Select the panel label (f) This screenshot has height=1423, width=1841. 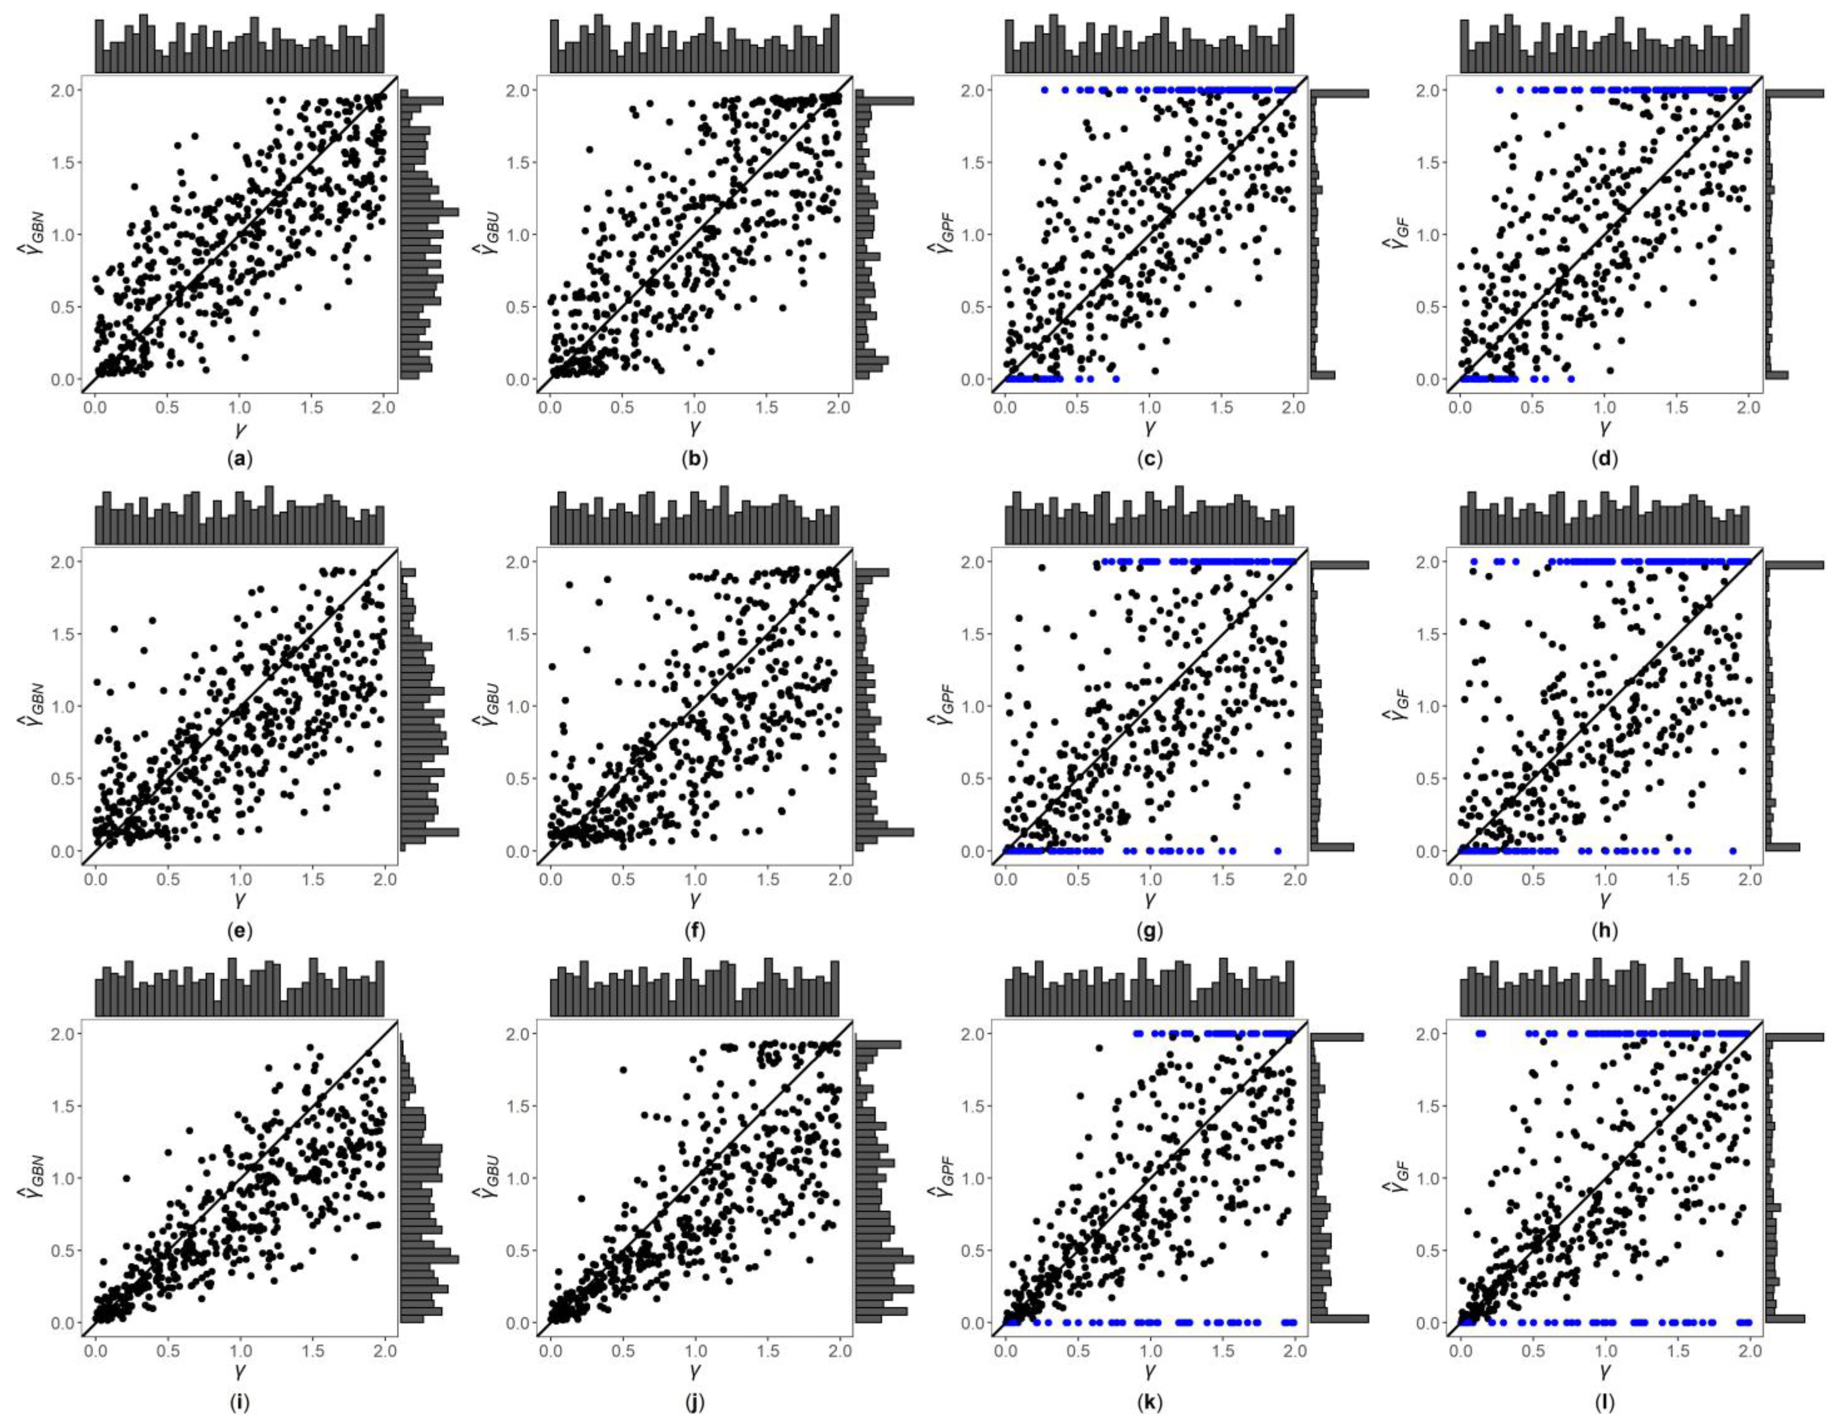(694, 931)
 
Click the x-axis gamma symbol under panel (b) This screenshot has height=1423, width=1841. (694, 428)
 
